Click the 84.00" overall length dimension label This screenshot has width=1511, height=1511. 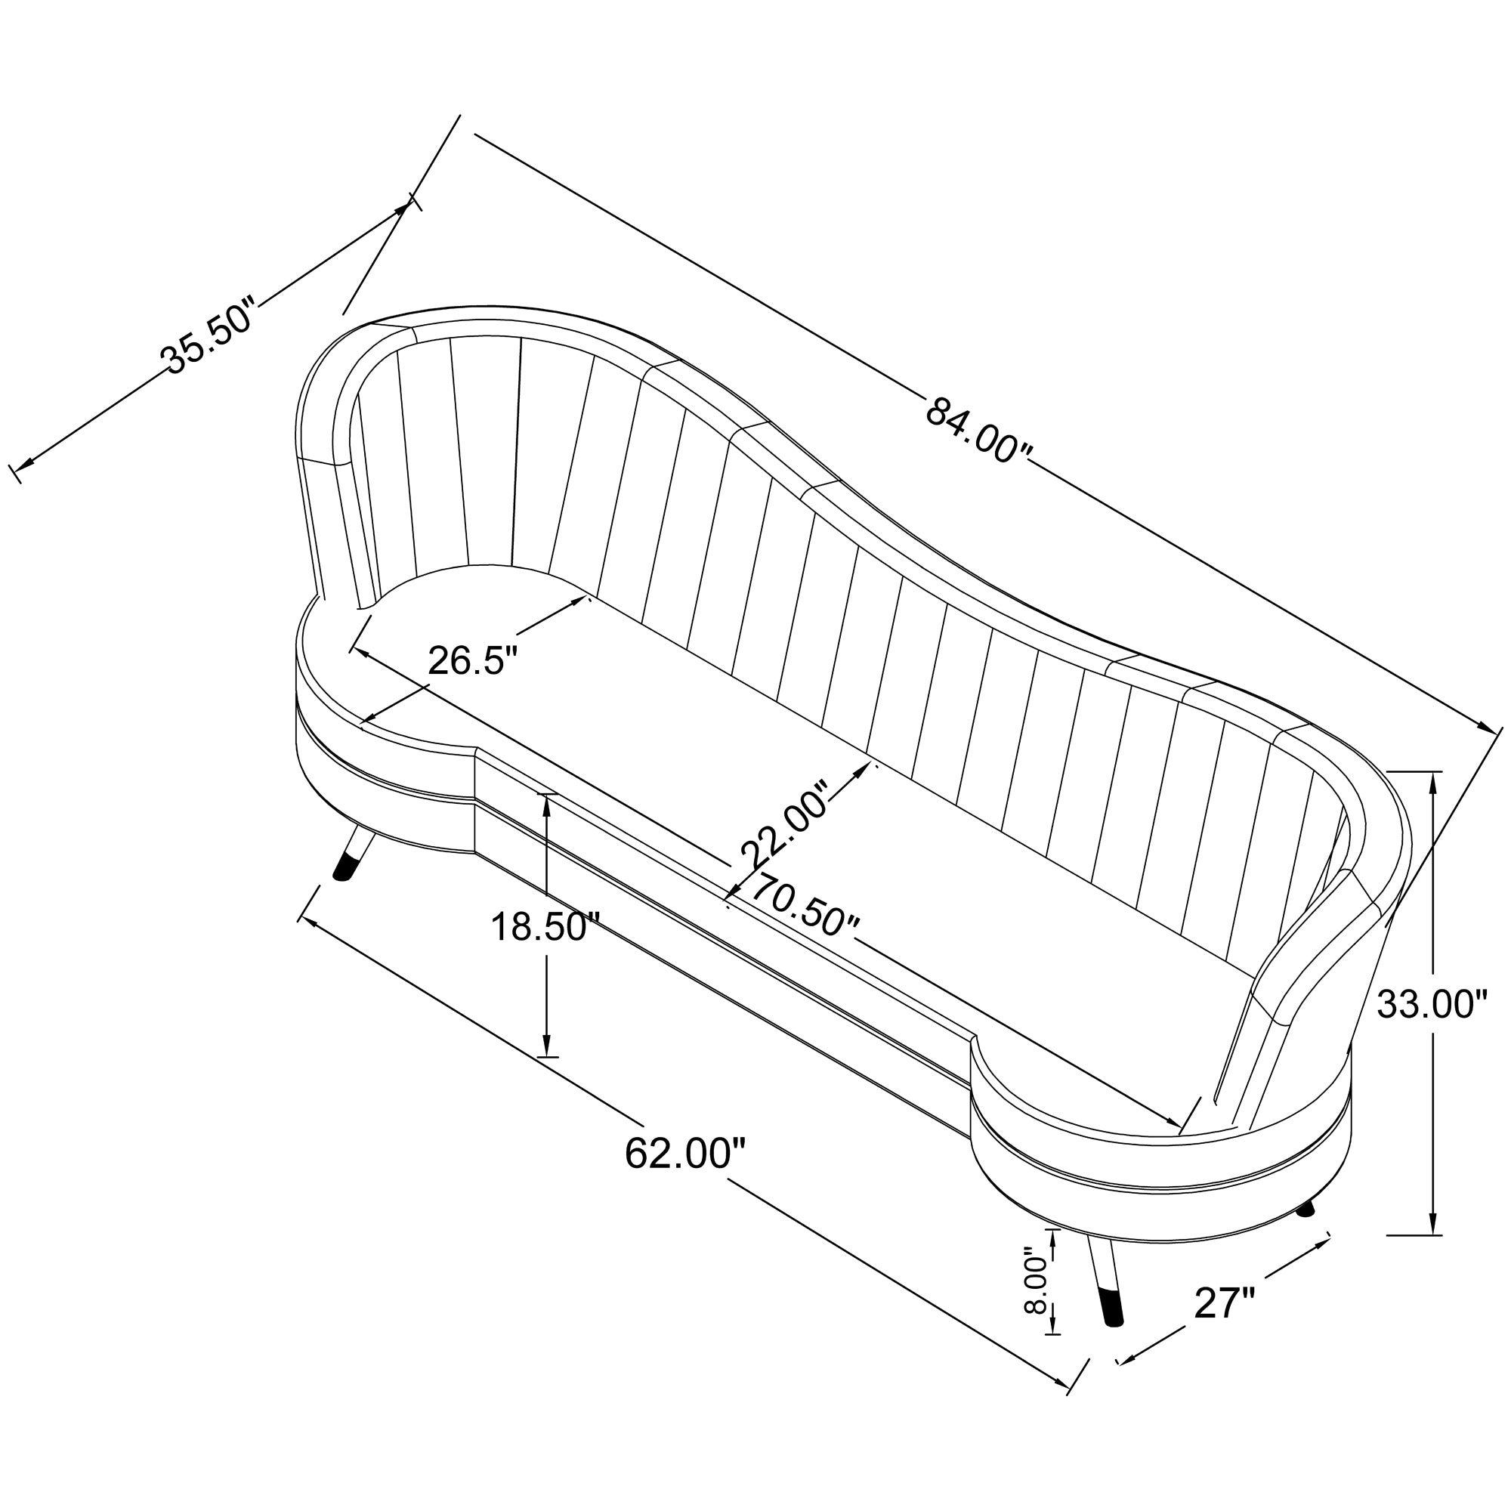click(x=978, y=431)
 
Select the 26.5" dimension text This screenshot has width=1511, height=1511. click(x=473, y=661)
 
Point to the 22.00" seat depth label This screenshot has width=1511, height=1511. click(x=784, y=823)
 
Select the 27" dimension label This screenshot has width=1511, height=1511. click(x=1225, y=1304)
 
